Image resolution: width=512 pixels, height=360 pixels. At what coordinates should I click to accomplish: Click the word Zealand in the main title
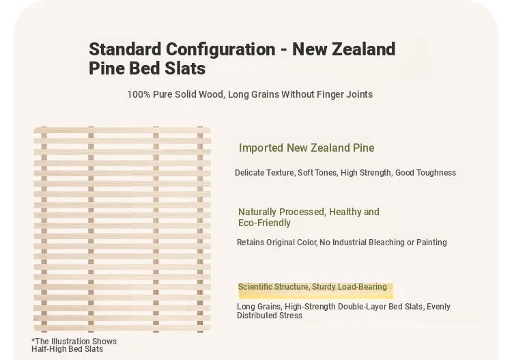[x=364, y=49]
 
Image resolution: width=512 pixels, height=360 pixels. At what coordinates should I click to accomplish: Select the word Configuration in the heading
[x=221, y=50]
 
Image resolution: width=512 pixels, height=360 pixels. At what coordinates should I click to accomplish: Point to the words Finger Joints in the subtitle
[x=344, y=94]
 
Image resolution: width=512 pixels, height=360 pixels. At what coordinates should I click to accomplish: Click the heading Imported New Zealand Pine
[x=307, y=148]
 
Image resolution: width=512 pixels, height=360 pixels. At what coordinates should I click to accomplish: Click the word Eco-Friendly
[x=264, y=223]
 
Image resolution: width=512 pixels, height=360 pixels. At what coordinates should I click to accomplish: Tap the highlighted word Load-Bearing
[x=362, y=287]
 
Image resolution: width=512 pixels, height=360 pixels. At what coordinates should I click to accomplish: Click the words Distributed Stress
[x=270, y=316]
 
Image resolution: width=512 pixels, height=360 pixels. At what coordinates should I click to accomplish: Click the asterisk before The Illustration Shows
[x=33, y=340]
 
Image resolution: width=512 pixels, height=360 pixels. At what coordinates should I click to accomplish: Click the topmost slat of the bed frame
[x=122, y=130]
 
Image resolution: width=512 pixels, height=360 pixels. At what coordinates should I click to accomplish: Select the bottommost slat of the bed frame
[x=122, y=328]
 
